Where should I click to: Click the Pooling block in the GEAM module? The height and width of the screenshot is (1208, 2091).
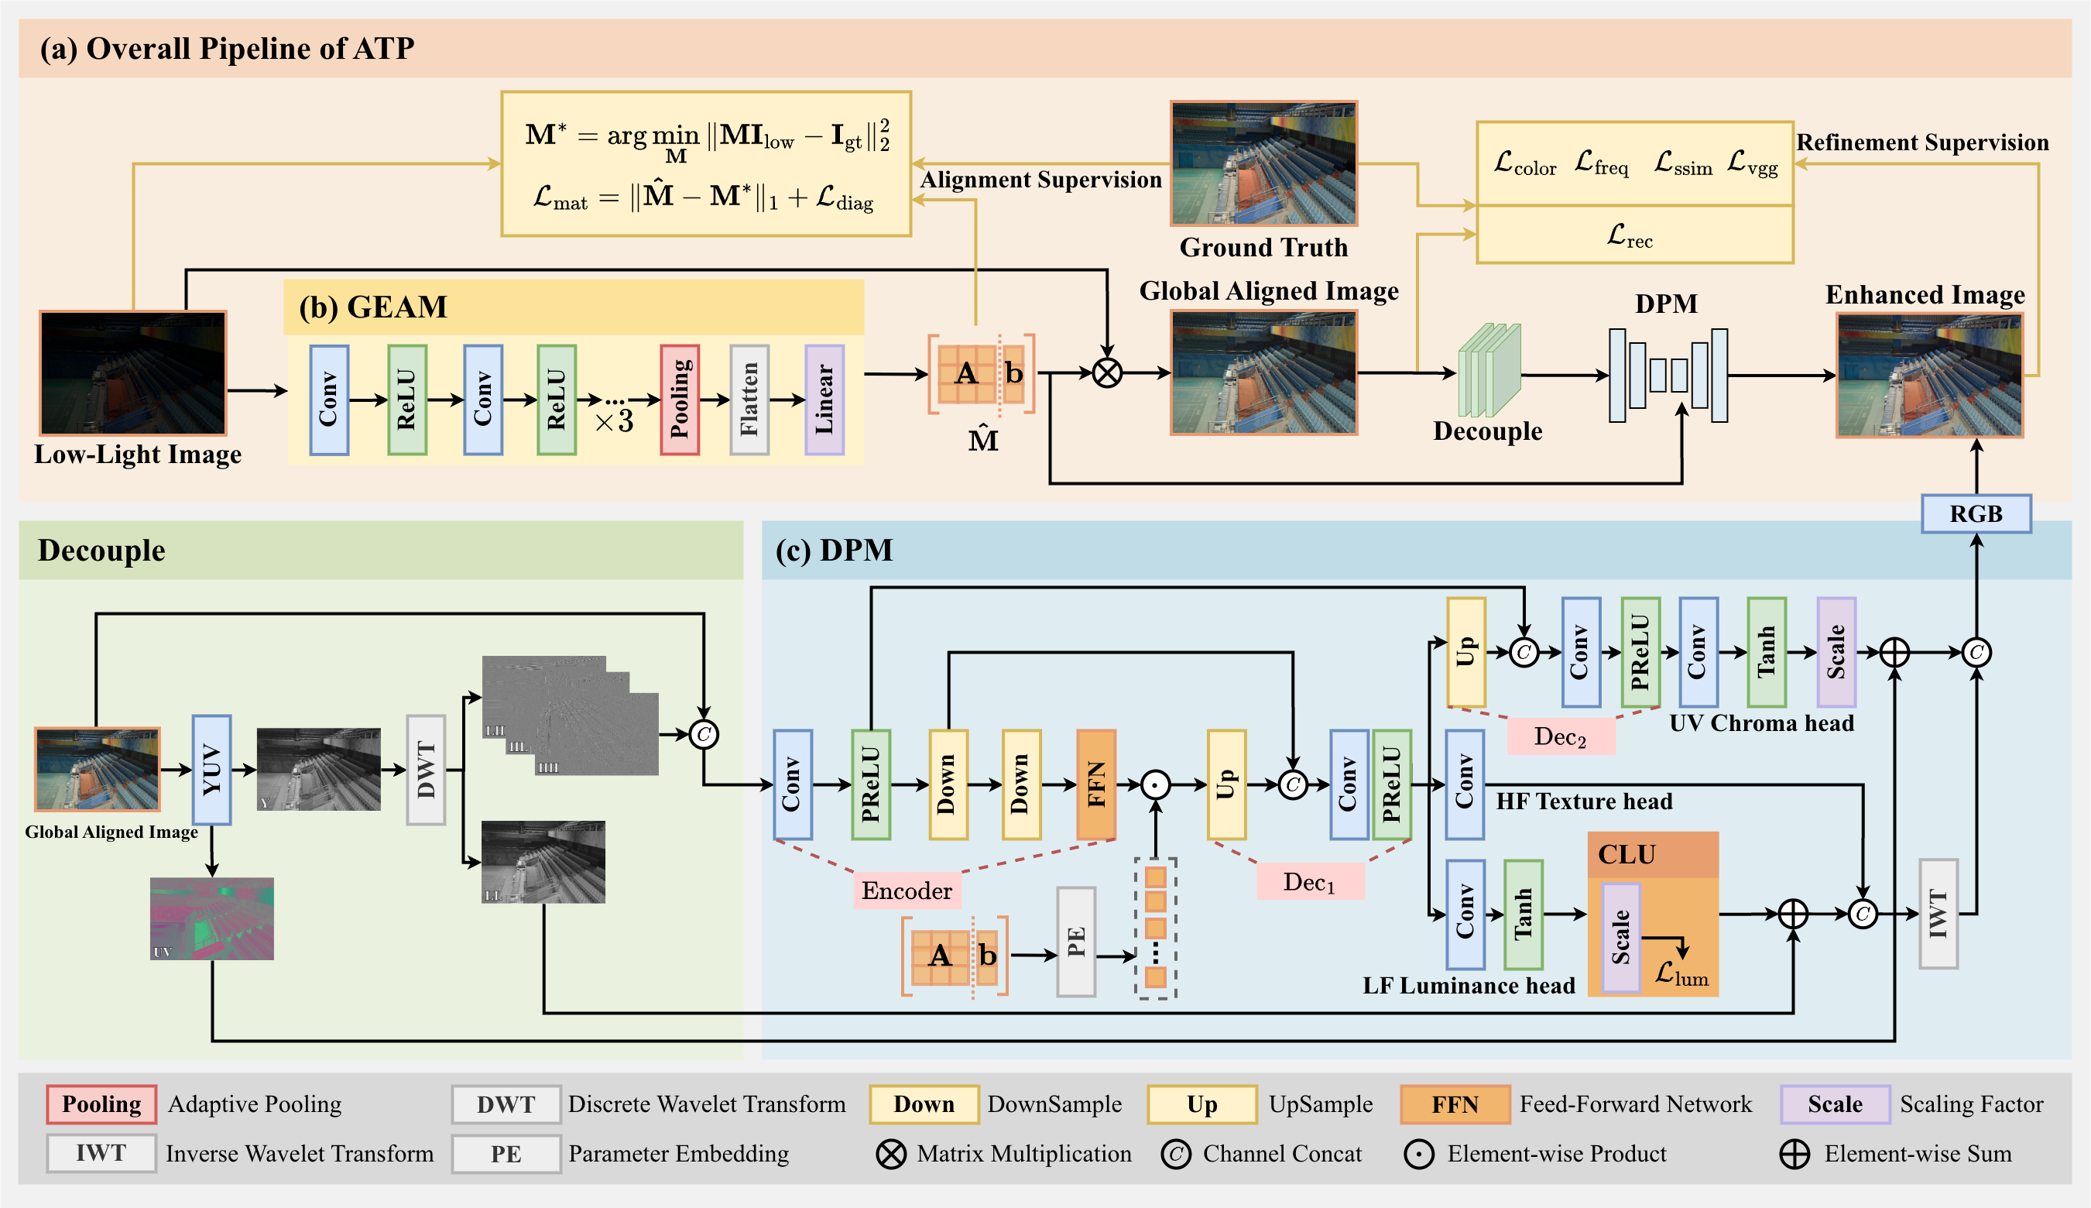[x=679, y=400]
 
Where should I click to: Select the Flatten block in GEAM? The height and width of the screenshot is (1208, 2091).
[x=749, y=400]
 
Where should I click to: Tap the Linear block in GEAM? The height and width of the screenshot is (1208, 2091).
[x=824, y=400]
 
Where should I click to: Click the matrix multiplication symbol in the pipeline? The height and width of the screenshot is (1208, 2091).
[x=1106, y=373]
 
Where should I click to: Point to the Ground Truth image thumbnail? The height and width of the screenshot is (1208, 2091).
[x=1263, y=163]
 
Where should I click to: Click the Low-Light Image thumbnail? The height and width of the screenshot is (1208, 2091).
[x=132, y=373]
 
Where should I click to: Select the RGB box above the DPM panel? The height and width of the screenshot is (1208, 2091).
[x=1976, y=513]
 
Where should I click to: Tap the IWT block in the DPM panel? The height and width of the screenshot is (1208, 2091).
[x=1938, y=914]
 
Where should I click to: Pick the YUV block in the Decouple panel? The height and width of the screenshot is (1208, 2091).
[x=211, y=769]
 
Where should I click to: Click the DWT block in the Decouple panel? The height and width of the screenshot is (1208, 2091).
[x=426, y=769]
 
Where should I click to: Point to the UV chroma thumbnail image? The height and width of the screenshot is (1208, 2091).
[x=211, y=918]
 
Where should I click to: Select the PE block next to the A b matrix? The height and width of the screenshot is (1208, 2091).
[x=1076, y=942]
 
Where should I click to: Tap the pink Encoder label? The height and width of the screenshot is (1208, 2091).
[x=907, y=891]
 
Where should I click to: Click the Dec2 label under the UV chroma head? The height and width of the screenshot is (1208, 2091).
[x=1559, y=736]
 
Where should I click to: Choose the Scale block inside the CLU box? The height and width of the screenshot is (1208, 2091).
[x=1621, y=938]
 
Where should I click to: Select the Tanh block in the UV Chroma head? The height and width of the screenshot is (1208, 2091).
[x=1766, y=652]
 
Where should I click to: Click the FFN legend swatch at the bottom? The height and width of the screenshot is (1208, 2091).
[x=1454, y=1104]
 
